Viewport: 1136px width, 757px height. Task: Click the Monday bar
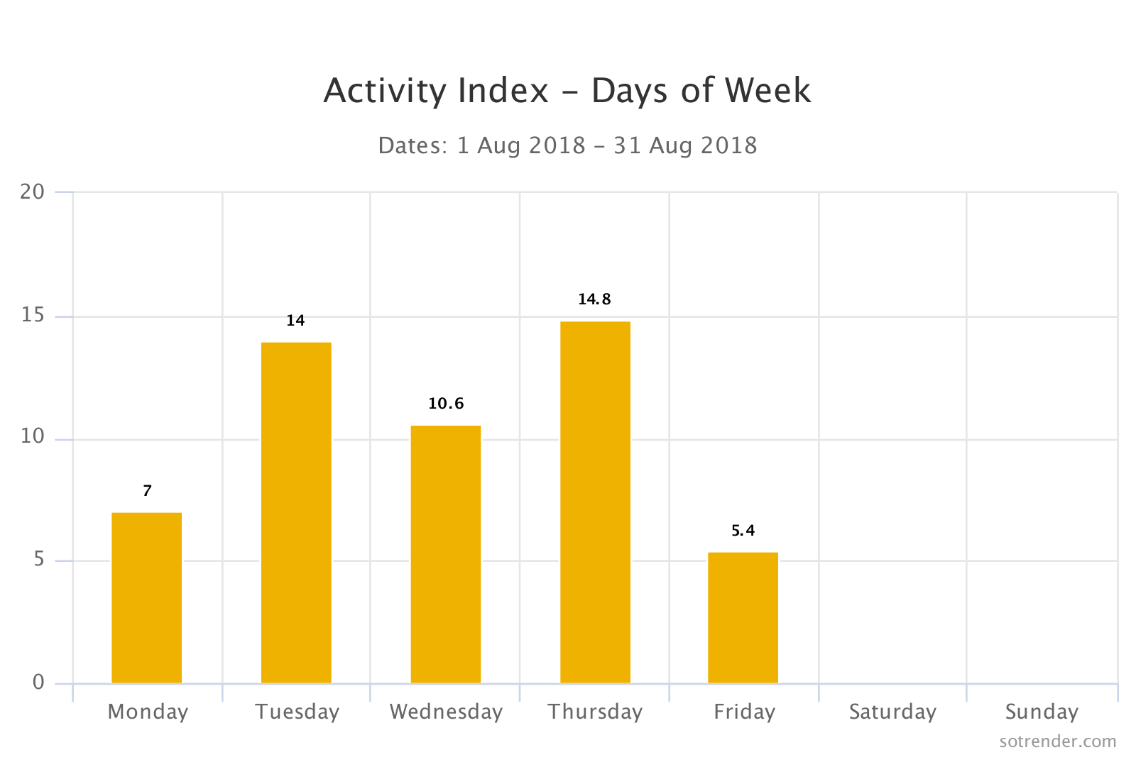coord(146,597)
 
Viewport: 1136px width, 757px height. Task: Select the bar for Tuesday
coord(296,512)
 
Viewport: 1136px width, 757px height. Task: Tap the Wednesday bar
coord(446,554)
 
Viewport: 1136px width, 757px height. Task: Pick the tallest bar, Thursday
coord(595,502)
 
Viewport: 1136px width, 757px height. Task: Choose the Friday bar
coord(743,617)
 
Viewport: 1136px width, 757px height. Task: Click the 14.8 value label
coord(594,299)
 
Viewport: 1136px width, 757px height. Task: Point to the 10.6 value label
coord(446,404)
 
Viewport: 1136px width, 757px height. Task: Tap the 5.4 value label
coord(743,531)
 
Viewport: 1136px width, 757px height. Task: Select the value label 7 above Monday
coord(147,491)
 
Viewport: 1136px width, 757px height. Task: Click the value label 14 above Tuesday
coord(295,321)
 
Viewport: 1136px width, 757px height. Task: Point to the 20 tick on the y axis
coord(33,192)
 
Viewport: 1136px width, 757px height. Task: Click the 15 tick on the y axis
coord(33,316)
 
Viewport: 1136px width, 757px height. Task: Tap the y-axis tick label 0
coord(38,683)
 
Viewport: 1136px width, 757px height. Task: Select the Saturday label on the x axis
coord(892,712)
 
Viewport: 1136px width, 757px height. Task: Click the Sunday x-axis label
coord(1042,712)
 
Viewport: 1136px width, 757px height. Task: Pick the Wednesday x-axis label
coord(446,712)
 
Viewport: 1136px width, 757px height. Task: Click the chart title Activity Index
coord(567,91)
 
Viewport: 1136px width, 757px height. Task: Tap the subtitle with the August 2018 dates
coord(567,145)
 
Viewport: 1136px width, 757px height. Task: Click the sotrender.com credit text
coord(1057,741)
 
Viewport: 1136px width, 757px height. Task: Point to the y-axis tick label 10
coord(33,436)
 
